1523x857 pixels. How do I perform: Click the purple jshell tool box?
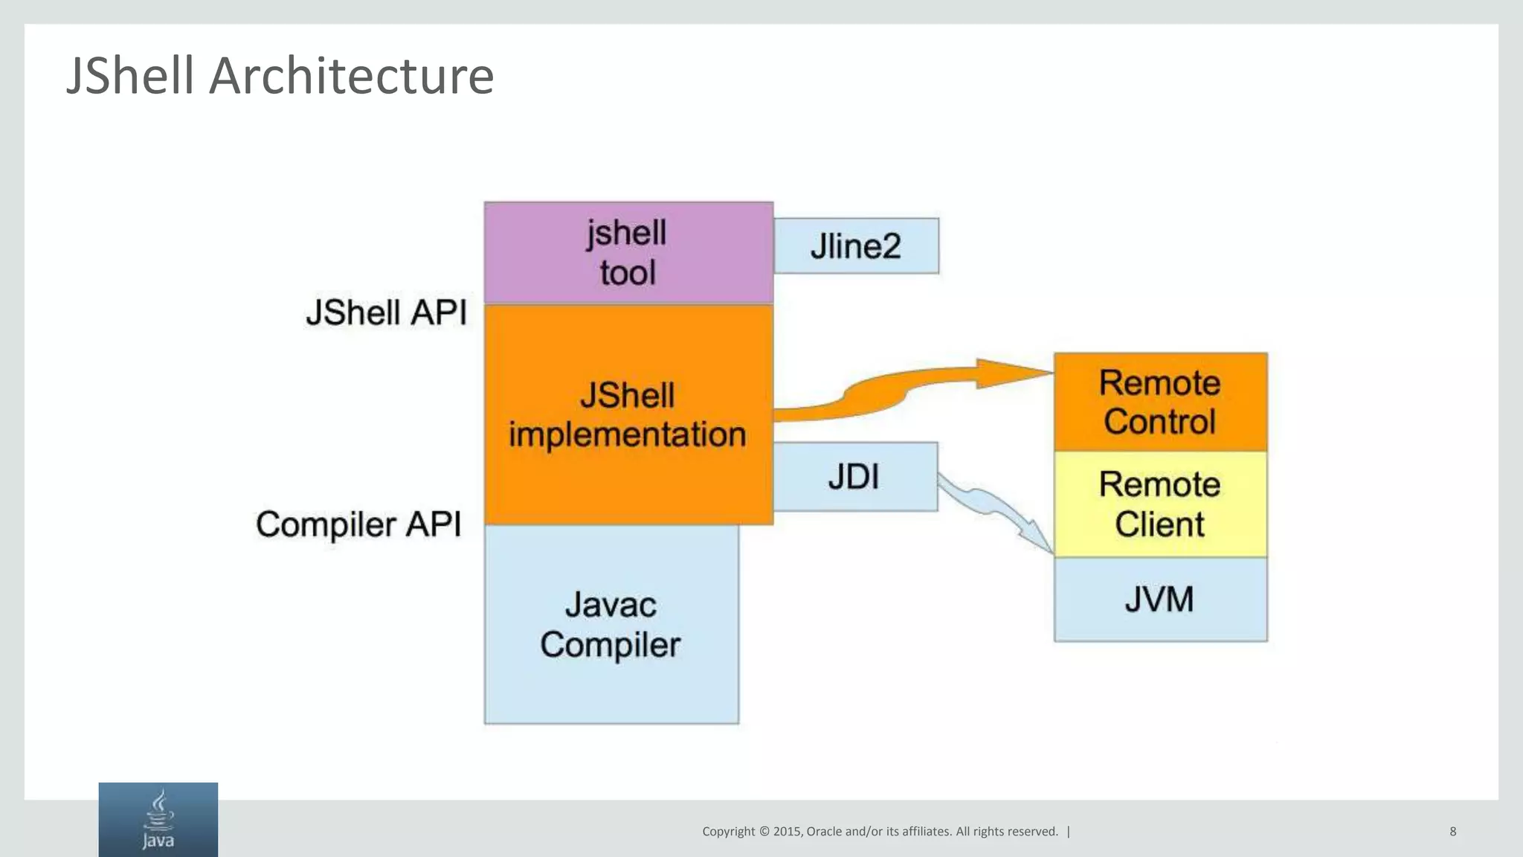(628, 252)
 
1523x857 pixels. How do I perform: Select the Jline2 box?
(856, 246)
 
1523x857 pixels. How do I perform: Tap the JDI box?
(855, 477)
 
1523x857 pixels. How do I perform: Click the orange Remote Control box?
(1160, 402)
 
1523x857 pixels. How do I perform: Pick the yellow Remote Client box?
(1160, 504)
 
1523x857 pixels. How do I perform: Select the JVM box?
(1160, 599)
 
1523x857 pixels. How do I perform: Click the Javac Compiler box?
(611, 625)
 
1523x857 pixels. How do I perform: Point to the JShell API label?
(387, 312)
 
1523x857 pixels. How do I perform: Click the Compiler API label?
(358, 524)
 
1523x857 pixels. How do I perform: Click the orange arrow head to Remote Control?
(1011, 373)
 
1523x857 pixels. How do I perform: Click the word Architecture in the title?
(351, 76)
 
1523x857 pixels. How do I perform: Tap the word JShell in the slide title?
(131, 76)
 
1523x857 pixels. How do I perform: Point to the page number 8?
(1452, 831)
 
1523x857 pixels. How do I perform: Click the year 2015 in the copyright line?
(787, 832)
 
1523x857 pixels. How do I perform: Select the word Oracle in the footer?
(825, 832)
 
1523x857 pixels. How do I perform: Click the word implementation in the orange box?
(627, 434)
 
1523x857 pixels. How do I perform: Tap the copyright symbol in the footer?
(764, 832)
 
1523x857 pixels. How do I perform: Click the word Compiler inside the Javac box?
(610, 645)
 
